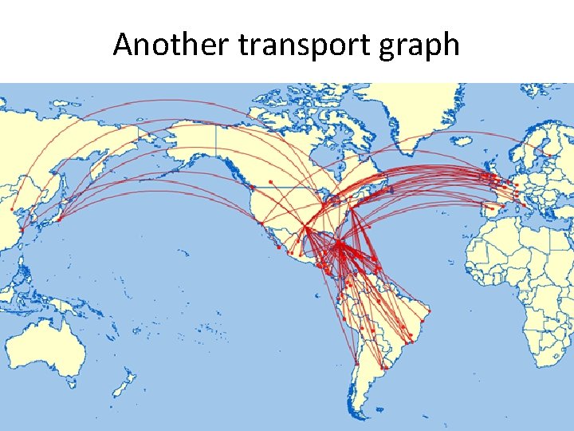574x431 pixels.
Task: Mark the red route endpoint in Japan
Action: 58,218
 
